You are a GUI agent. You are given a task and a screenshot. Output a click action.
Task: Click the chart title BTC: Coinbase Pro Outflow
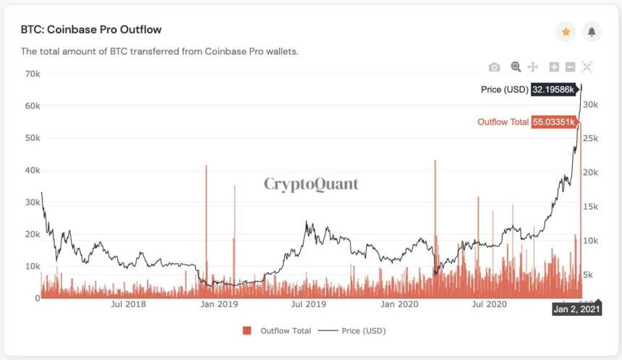[x=90, y=30]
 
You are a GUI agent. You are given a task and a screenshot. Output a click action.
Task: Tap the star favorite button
[x=566, y=32]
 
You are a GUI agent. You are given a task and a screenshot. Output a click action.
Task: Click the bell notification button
[x=592, y=32]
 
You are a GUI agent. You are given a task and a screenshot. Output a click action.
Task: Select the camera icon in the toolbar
[x=494, y=67]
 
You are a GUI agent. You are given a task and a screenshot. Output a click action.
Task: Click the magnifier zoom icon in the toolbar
[x=516, y=67]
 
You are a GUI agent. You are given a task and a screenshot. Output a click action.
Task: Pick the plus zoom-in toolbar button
[x=554, y=67]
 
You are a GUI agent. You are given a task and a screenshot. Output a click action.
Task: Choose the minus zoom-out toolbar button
[x=570, y=67]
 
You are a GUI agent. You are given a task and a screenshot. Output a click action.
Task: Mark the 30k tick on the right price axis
[x=590, y=105]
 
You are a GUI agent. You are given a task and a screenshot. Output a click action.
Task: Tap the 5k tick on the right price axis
[x=588, y=274]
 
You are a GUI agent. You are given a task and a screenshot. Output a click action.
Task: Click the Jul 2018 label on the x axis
[x=129, y=304]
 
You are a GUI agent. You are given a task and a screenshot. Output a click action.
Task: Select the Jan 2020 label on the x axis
[x=396, y=304]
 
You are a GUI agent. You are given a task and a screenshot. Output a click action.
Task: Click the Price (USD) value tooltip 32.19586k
[x=554, y=90]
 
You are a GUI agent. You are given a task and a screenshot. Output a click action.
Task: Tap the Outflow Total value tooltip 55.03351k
[x=554, y=122]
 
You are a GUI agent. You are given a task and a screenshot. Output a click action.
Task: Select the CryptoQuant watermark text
[x=311, y=184]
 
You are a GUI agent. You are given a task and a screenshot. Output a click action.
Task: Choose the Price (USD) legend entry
[x=352, y=330]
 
